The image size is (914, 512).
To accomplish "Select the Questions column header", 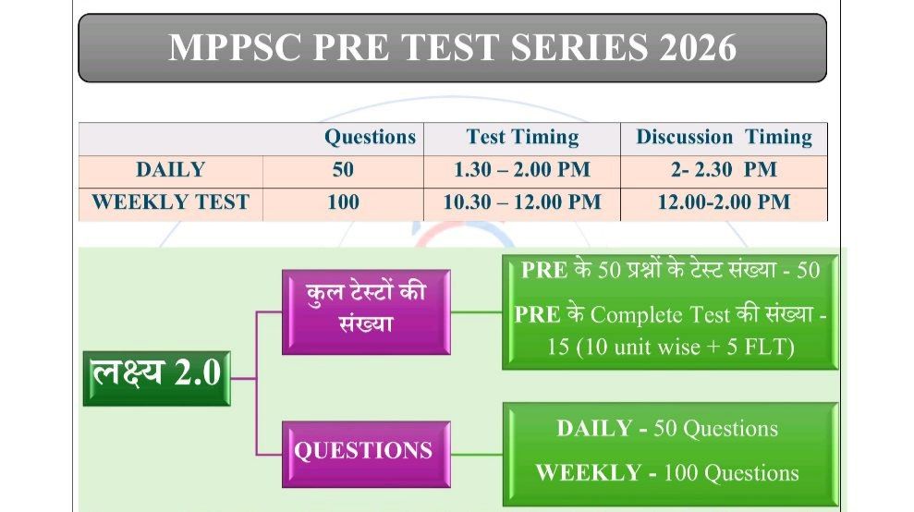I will coord(370,138).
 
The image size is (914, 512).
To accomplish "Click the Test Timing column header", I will coord(522,138).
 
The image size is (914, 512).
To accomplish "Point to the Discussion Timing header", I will coord(724,138).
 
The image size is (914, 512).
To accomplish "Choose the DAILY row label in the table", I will coord(170,170).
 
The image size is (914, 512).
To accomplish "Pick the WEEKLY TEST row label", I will coord(170,202).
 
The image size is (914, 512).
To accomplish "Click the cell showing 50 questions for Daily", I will coord(343,170).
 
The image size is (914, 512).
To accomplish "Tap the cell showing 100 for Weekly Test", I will coord(343,202).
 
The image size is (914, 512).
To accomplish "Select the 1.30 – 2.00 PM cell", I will coord(522,170).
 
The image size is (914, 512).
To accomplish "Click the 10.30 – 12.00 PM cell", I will coord(522,202).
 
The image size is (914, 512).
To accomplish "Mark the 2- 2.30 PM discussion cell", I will coord(724,170).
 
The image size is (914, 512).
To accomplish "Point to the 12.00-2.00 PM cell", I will coord(724,202).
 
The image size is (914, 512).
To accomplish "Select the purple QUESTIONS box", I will coord(364,451).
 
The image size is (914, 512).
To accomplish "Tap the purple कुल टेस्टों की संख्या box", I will coord(366,311).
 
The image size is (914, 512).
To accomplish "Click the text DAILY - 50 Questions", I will coord(667,429).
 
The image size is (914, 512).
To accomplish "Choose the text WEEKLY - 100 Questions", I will coord(667,473).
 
